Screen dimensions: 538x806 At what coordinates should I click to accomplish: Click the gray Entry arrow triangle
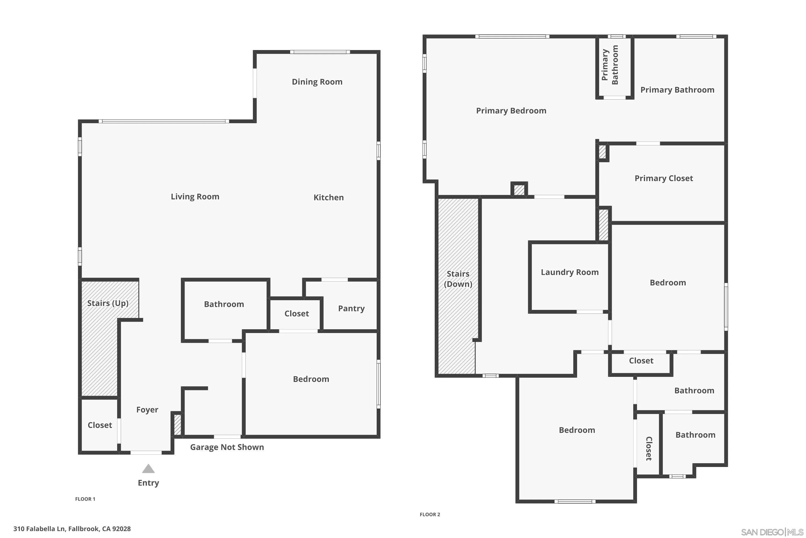(148, 469)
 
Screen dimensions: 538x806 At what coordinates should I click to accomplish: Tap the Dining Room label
(317, 82)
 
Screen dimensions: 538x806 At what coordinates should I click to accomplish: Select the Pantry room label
(351, 309)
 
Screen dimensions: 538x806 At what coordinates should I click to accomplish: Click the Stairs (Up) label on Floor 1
(108, 303)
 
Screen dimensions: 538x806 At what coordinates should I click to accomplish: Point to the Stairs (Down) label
(458, 279)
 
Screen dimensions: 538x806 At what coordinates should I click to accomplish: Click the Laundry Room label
(570, 272)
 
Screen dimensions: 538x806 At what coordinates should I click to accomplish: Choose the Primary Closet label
(663, 178)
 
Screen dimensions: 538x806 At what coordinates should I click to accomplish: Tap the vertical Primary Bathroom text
(610, 65)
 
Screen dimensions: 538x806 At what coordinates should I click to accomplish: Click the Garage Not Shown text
(227, 447)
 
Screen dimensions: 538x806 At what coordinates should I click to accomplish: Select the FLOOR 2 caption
(430, 514)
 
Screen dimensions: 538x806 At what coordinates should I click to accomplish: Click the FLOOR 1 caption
(85, 499)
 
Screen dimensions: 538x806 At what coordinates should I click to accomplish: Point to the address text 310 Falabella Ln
(72, 529)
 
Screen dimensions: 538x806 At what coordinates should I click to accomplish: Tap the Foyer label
(147, 410)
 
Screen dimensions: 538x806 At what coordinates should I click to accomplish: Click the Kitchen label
(328, 197)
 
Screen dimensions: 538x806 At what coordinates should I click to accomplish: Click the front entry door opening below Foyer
(146, 452)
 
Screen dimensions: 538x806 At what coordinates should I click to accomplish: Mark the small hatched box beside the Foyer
(177, 425)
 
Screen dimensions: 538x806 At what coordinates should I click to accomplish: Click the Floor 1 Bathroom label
(224, 304)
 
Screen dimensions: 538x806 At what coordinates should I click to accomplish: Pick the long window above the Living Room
(164, 121)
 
